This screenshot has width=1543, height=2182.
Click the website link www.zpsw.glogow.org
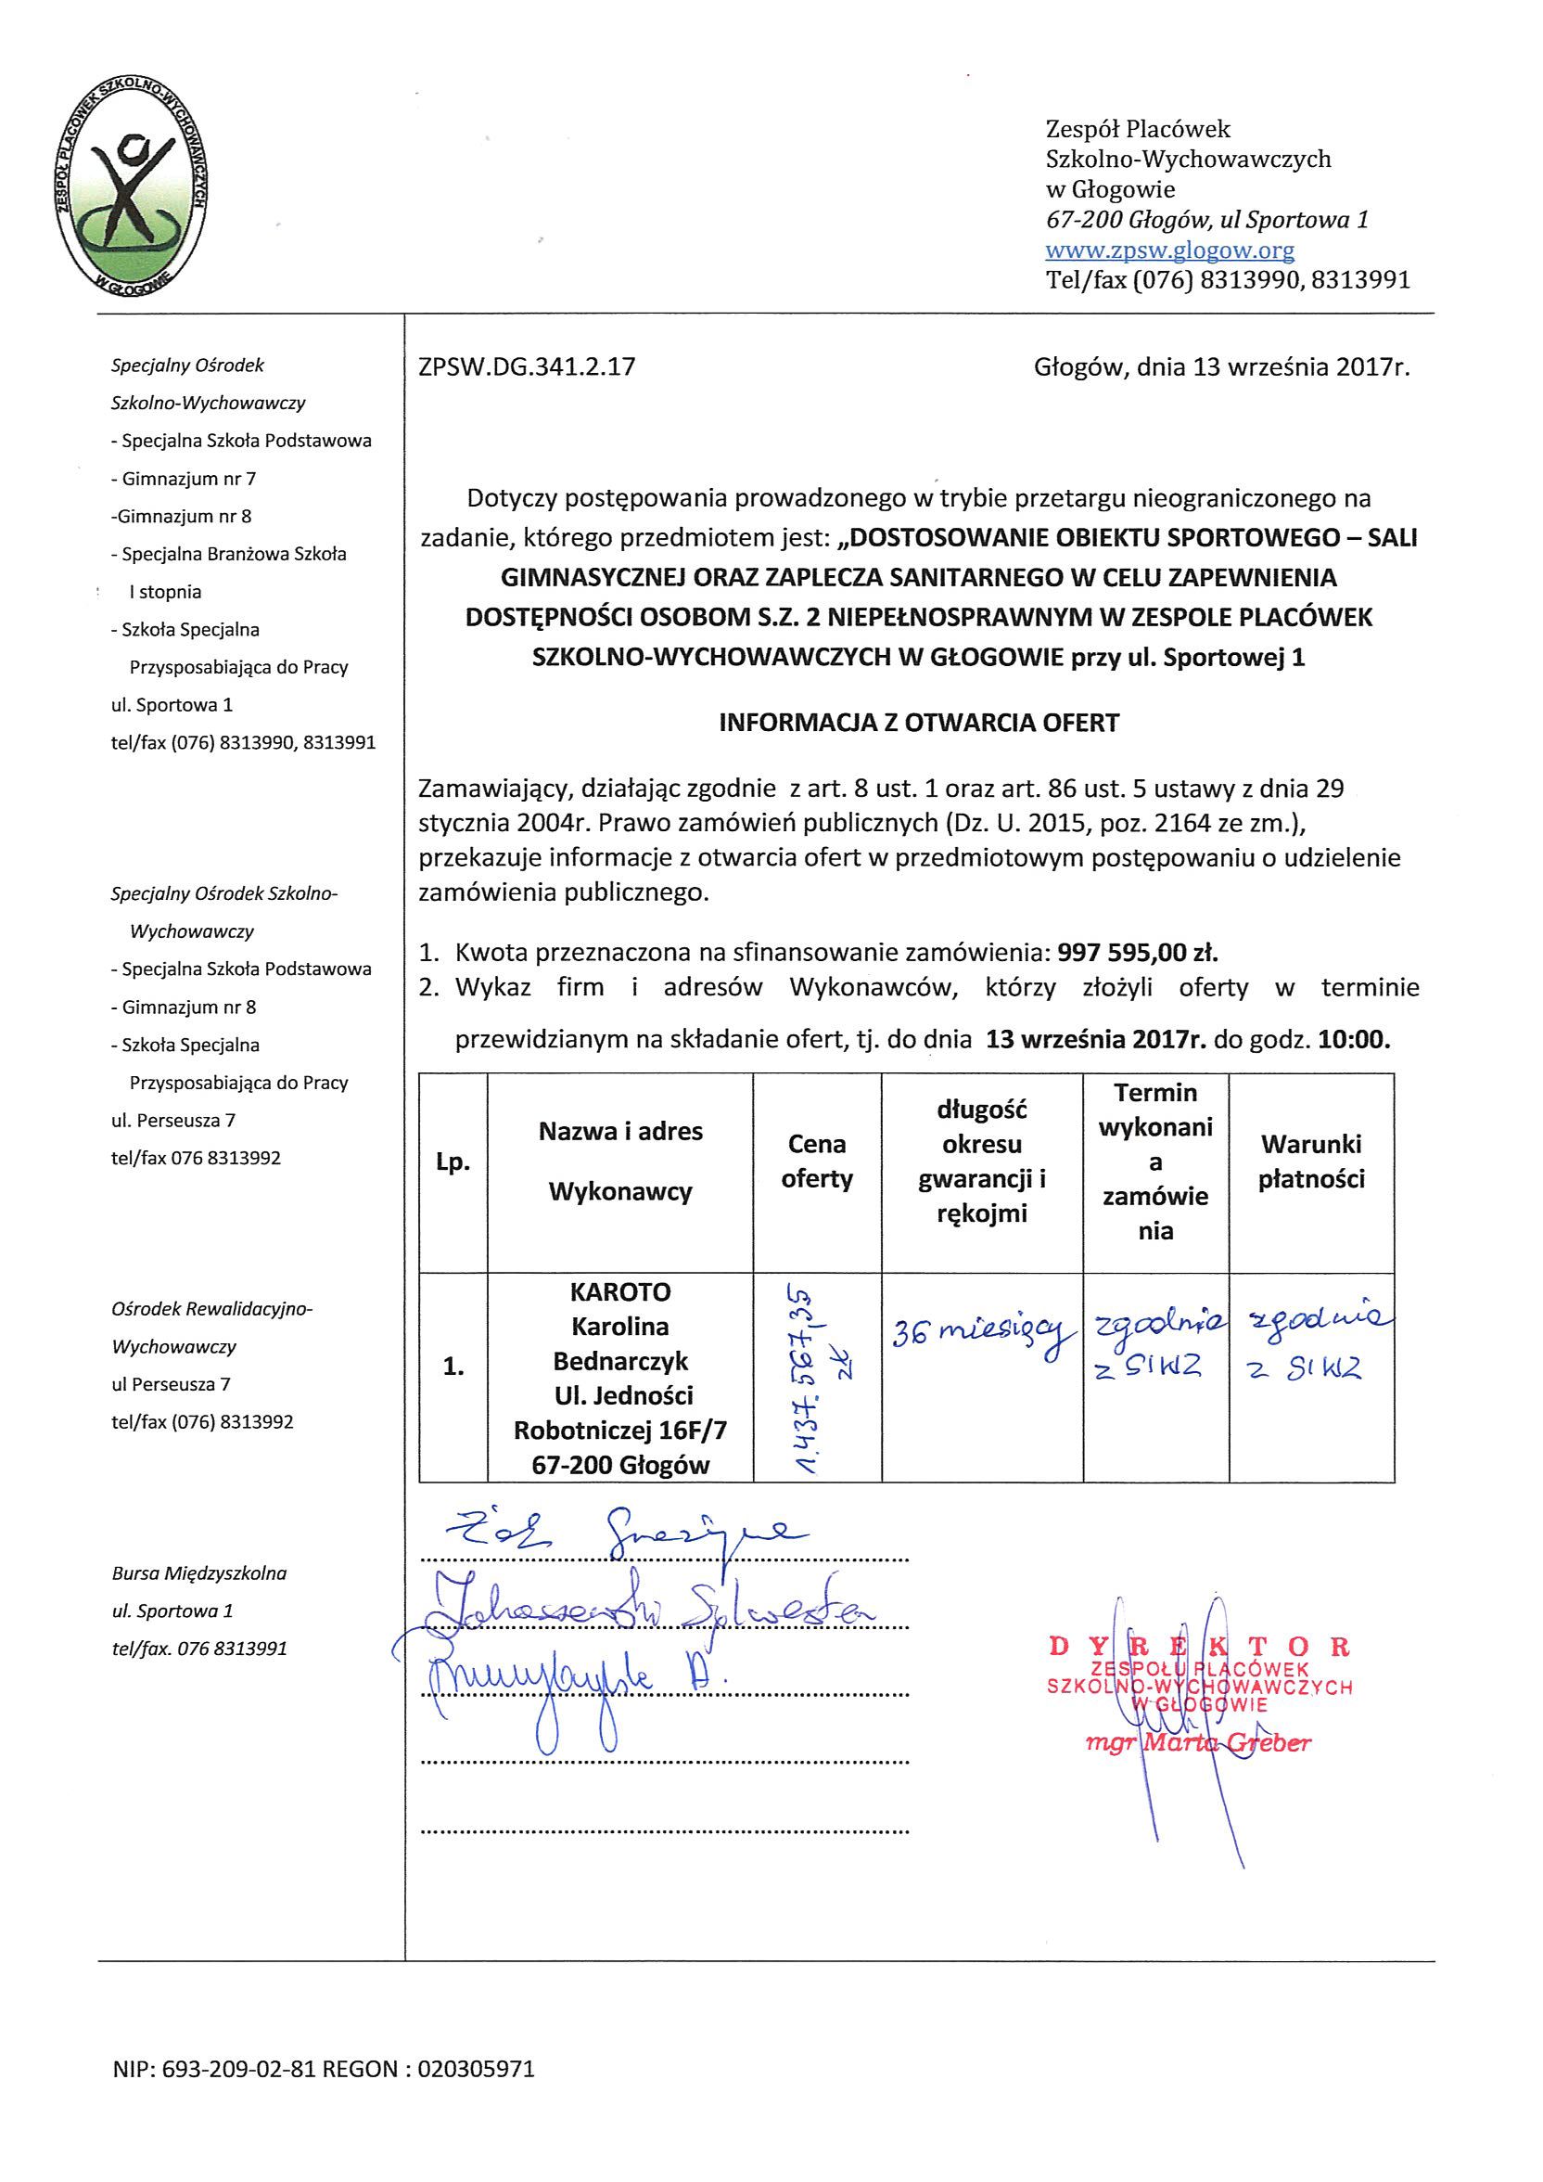point(1169,250)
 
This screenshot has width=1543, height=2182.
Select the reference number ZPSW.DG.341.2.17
point(527,366)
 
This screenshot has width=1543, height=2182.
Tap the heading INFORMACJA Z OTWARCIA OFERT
point(919,723)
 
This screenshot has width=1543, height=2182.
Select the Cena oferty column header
point(817,1162)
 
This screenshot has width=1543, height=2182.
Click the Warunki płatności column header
point(1311,1162)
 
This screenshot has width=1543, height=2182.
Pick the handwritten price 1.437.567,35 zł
point(817,1377)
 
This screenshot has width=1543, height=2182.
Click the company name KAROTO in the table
point(620,1292)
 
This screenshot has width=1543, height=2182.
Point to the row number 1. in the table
point(453,1367)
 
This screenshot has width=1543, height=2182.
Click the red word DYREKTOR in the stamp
point(1199,1647)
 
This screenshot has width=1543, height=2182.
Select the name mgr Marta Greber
point(1198,1743)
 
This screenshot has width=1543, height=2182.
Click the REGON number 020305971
point(476,2069)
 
